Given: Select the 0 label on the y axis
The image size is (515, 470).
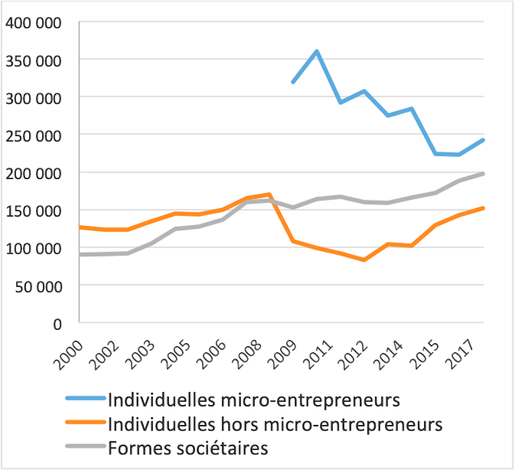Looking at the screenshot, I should click(x=57, y=323).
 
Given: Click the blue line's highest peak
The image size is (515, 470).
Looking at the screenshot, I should click(x=317, y=51).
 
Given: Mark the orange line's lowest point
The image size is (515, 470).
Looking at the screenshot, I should click(x=365, y=260).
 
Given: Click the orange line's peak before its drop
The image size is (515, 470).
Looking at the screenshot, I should click(x=270, y=195).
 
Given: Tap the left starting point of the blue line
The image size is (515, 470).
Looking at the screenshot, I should click(x=292, y=83).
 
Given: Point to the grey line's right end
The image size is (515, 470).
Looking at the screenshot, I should click(x=484, y=174).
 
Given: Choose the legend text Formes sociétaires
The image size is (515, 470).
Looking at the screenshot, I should click(x=188, y=449).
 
